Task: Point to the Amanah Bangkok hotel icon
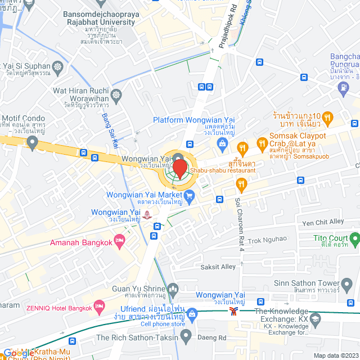coord(119,241)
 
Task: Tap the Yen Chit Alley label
coord(323,222)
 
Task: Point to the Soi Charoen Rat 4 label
coord(238,216)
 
